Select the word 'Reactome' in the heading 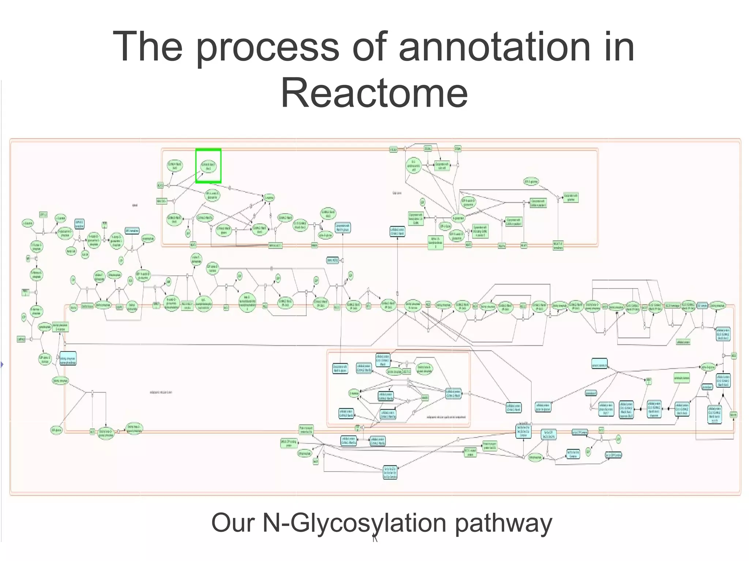point(374,93)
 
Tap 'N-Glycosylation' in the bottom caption point(354,523)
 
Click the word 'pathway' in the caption point(504,523)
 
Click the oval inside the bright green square point(208,166)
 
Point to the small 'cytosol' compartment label point(135,205)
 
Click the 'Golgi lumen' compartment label point(397,193)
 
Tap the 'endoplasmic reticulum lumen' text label point(161,392)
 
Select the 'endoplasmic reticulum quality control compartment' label point(446,417)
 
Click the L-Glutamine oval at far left point(28,223)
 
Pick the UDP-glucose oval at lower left point(56,430)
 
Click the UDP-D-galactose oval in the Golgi point(531,181)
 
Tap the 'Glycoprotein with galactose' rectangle point(571,197)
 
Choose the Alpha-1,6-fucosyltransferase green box point(435,242)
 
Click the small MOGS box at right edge point(734,355)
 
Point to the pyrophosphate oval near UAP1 point(148,239)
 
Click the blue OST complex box point(702,306)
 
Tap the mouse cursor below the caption point(374,538)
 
